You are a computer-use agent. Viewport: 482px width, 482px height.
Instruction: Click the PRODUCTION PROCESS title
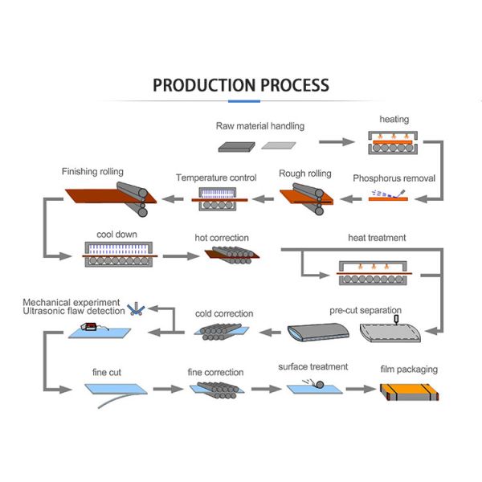pos(241,85)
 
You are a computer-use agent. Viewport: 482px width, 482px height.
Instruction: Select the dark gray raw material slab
pos(237,146)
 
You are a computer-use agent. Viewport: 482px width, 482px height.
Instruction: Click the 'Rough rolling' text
pos(304,173)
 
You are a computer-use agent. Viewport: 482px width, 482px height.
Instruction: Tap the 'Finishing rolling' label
pos(92,171)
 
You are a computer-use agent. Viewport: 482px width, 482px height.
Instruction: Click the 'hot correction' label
pos(222,238)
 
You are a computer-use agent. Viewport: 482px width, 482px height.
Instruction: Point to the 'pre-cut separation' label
pos(366,309)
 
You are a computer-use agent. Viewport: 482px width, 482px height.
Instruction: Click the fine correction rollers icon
pos(215,390)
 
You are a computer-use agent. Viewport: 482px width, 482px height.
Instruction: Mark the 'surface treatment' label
pos(313,367)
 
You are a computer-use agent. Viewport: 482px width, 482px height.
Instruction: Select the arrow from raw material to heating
pos(336,142)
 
